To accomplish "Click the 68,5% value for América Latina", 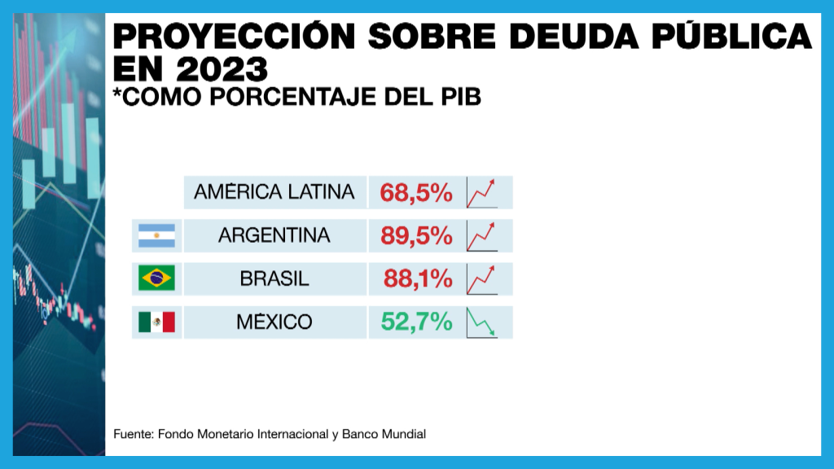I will (x=415, y=193).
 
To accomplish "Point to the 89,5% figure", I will (x=415, y=236).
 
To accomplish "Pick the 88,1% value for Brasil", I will (x=417, y=279).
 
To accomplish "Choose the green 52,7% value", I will (x=416, y=322).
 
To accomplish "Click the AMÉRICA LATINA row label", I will (x=274, y=192).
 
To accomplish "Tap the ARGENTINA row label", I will (x=274, y=236).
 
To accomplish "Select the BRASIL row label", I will (x=274, y=279).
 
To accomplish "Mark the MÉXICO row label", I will (x=274, y=322).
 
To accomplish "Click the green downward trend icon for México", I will (x=482, y=322).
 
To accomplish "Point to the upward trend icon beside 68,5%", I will (x=482, y=193).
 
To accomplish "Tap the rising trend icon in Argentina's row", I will (x=482, y=236).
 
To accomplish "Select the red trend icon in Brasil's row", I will (x=482, y=279).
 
